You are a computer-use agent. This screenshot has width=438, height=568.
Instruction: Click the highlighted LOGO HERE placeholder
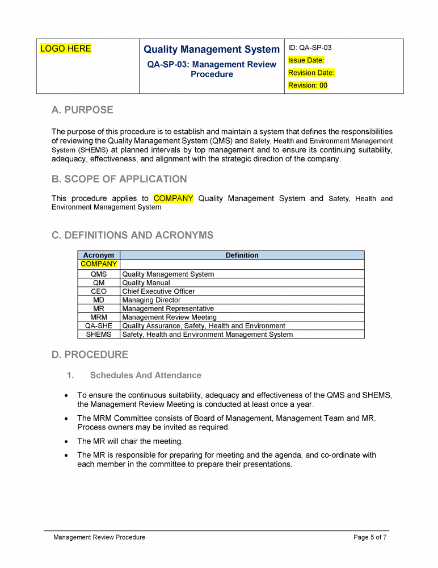[x=66, y=49]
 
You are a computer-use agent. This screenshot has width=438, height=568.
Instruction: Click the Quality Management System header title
[x=212, y=50]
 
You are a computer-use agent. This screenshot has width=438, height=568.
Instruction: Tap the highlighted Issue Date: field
[x=306, y=60]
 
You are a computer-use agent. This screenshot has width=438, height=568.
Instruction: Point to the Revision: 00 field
[x=308, y=85]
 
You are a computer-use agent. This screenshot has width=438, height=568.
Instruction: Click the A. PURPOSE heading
[x=82, y=110]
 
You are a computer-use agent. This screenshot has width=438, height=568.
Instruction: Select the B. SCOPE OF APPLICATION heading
[x=119, y=179]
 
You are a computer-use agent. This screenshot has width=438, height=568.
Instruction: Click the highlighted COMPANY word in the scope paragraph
[x=174, y=198]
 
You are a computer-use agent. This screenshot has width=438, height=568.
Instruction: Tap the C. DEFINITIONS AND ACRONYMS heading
[x=132, y=235]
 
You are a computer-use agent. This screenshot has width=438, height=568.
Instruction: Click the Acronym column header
[x=99, y=256]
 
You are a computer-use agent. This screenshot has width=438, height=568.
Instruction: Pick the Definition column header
[x=242, y=256]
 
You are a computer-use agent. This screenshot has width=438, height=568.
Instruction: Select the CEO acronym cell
[x=99, y=291]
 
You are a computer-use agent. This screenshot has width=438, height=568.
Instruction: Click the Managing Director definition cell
[x=151, y=300]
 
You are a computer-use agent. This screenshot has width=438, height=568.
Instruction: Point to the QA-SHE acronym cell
[x=99, y=326]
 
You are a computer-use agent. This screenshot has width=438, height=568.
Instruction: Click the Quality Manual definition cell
[x=146, y=283]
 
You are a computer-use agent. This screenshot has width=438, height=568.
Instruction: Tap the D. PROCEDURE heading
[x=90, y=355]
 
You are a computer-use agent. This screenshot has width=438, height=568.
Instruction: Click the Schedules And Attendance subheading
[x=145, y=375]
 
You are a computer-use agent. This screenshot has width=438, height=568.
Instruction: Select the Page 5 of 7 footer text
[x=370, y=537]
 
